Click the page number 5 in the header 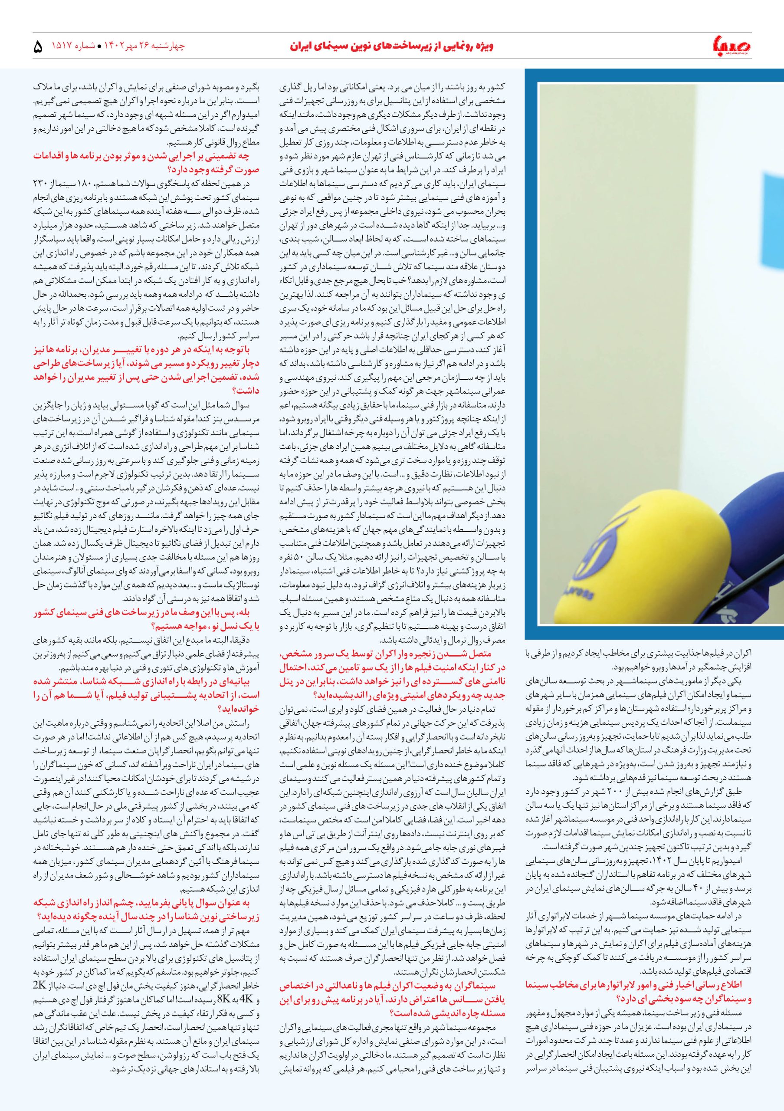38,46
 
